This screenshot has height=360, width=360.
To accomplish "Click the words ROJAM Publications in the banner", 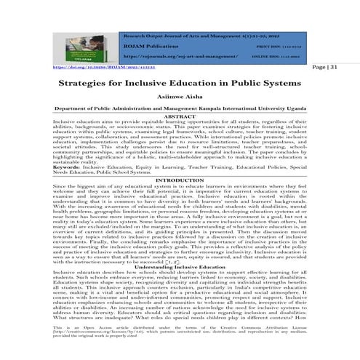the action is click(150, 44).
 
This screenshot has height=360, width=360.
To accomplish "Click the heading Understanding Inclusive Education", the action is click(180, 268).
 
